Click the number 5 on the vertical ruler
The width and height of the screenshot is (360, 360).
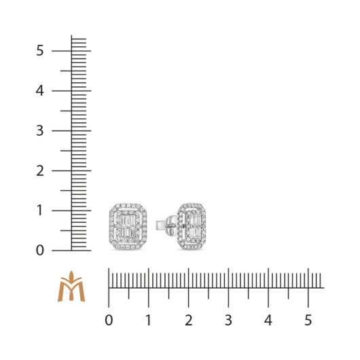39,50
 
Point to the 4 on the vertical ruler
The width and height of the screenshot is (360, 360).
39,91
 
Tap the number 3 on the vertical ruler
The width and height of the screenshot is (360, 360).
39,130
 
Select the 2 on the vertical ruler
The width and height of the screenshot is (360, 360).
39,170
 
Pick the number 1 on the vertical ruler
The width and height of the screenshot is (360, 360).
39,211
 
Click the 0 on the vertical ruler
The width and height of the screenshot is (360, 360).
39,250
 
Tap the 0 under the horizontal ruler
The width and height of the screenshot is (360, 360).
109,320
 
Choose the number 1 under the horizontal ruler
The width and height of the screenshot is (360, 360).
149,320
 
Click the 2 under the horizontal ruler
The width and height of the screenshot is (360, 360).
189,320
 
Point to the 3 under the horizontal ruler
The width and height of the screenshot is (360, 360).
228,320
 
